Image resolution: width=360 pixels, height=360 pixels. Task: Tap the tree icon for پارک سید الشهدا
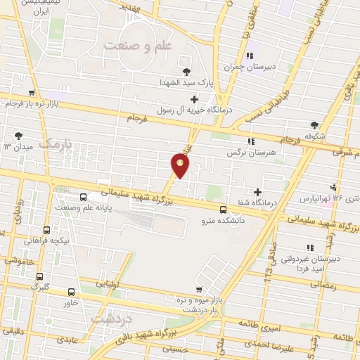(186, 72)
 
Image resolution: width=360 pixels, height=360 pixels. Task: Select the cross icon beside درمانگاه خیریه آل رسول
(193, 99)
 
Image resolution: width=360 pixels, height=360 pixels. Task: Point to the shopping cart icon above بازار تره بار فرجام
(31, 93)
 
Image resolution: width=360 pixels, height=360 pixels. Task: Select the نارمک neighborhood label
(56, 143)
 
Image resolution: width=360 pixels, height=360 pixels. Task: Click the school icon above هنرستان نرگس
(251, 141)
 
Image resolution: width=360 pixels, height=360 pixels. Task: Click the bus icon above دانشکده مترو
(223, 209)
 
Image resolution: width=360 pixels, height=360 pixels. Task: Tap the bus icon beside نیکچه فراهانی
(46, 230)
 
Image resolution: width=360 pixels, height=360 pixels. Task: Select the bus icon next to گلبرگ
(39, 276)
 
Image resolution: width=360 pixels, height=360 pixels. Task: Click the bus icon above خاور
(71, 292)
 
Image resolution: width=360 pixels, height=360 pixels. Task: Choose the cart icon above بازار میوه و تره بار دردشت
(201, 290)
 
